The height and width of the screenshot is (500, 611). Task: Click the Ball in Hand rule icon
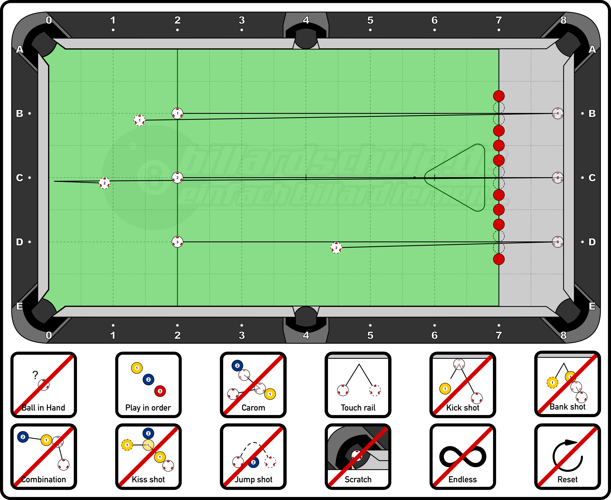pyautogui.click(x=44, y=385)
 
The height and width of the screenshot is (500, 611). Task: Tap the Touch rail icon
pyautogui.click(x=358, y=385)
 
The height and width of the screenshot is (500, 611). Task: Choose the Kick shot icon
pyautogui.click(x=463, y=385)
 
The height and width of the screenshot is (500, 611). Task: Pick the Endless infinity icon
pyautogui.click(x=463, y=456)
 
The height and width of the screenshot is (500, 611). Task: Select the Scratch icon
pyautogui.click(x=358, y=456)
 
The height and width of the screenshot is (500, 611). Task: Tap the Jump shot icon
pyautogui.click(x=253, y=456)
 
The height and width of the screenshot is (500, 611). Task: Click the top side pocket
pyautogui.click(x=306, y=39)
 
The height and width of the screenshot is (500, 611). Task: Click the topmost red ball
pyautogui.click(x=499, y=96)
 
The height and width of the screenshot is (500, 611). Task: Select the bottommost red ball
pyautogui.click(x=499, y=259)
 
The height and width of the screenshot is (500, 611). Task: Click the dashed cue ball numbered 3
pyautogui.click(x=336, y=248)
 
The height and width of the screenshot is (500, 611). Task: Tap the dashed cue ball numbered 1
pyautogui.click(x=140, y=120)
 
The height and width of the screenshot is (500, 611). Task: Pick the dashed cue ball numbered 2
pyautogui.click(x=105, y=183)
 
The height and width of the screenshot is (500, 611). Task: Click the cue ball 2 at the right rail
pyautogui.click(x=557, y=178)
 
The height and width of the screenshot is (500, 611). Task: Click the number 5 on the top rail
pyautogui.click(x=370, y=20)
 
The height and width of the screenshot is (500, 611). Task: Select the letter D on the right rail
pyautogui.click(x=592, y=242)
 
